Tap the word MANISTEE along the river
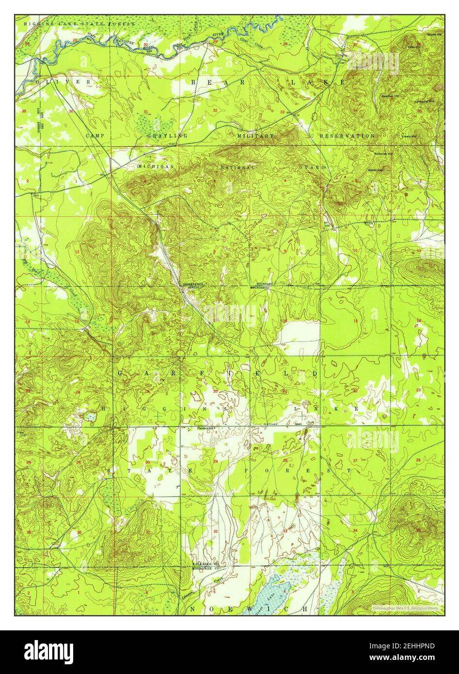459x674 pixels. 123,42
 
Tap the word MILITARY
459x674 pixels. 255,136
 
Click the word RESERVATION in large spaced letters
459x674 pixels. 347,136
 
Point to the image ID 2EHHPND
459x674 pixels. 413,646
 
